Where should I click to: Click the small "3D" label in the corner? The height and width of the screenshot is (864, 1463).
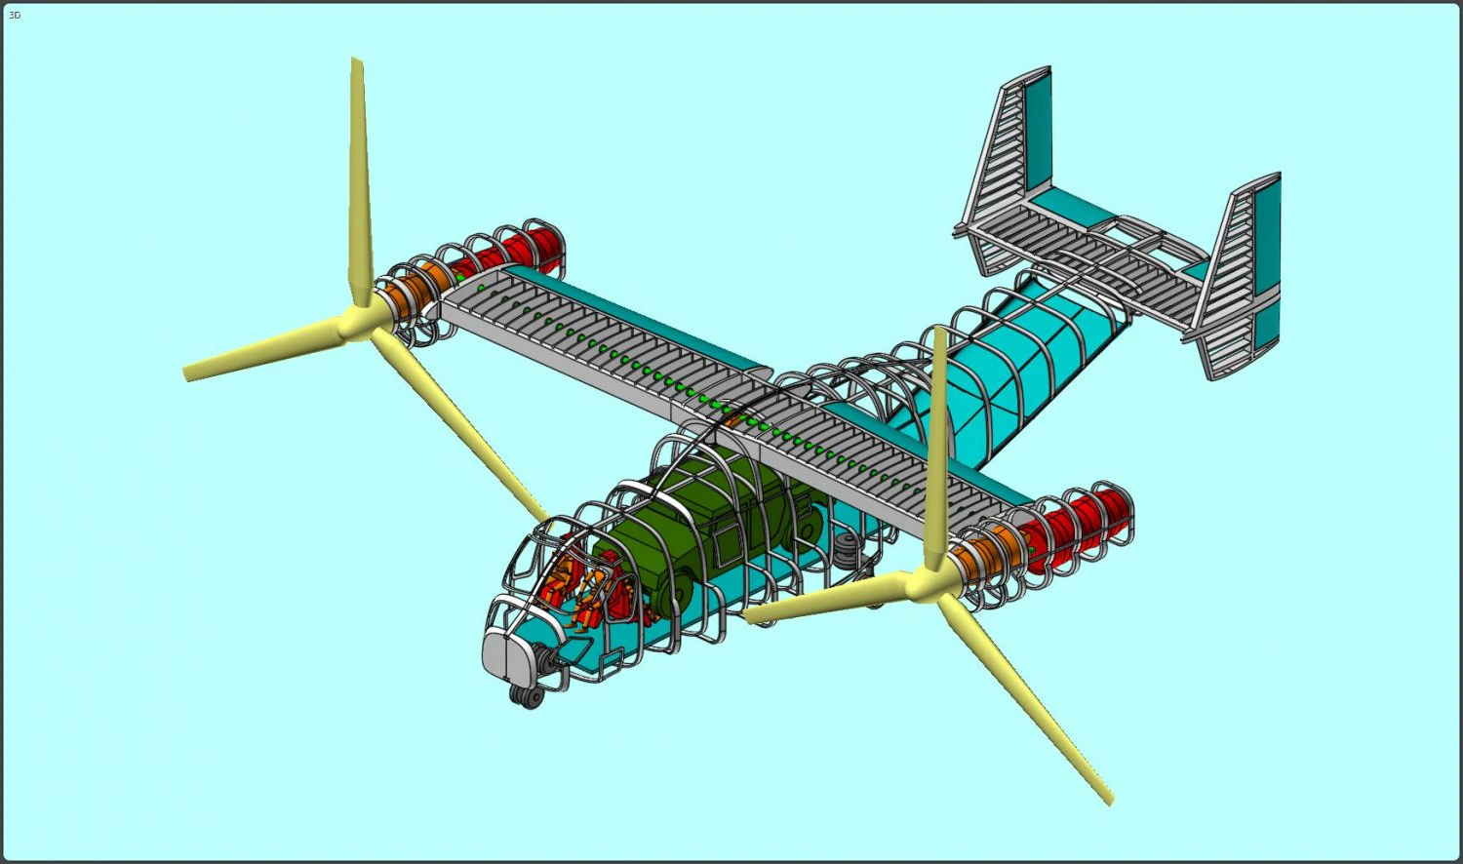coord(14,16)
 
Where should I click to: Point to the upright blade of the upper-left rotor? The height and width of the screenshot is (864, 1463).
coord(360,176)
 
